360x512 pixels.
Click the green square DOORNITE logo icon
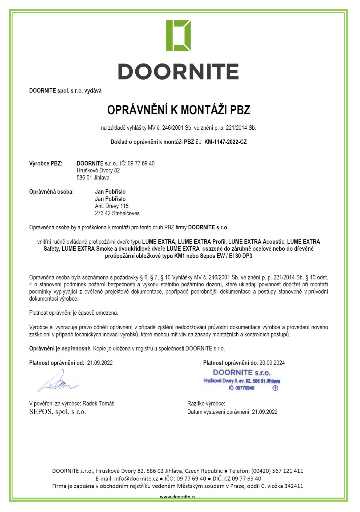click(178, 35)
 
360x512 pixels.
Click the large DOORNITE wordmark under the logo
click(178, 71)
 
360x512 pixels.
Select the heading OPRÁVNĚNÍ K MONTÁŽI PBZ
click(179, 110)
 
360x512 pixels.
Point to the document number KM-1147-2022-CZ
click(225, 142)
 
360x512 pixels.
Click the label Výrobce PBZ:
click(46, 163)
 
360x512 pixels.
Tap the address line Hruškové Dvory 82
click(98, 170)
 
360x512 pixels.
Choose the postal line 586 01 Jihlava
click(93, 178)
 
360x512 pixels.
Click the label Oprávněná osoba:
click(51, 192)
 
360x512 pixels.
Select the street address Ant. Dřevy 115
click(112, 206)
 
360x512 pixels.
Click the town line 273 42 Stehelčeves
click(117, 213)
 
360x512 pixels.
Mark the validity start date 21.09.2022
click(100, 363)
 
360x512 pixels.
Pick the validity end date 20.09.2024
click(272, 363)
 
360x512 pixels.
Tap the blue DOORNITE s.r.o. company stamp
click(241, 380)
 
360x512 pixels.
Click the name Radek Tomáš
click(98, 403)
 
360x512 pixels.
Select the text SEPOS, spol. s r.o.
click(58, 412)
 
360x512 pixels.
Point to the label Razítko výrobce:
click(206, 403)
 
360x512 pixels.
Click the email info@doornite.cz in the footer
click(136, 478)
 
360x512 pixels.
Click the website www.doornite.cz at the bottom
click(178, 497)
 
